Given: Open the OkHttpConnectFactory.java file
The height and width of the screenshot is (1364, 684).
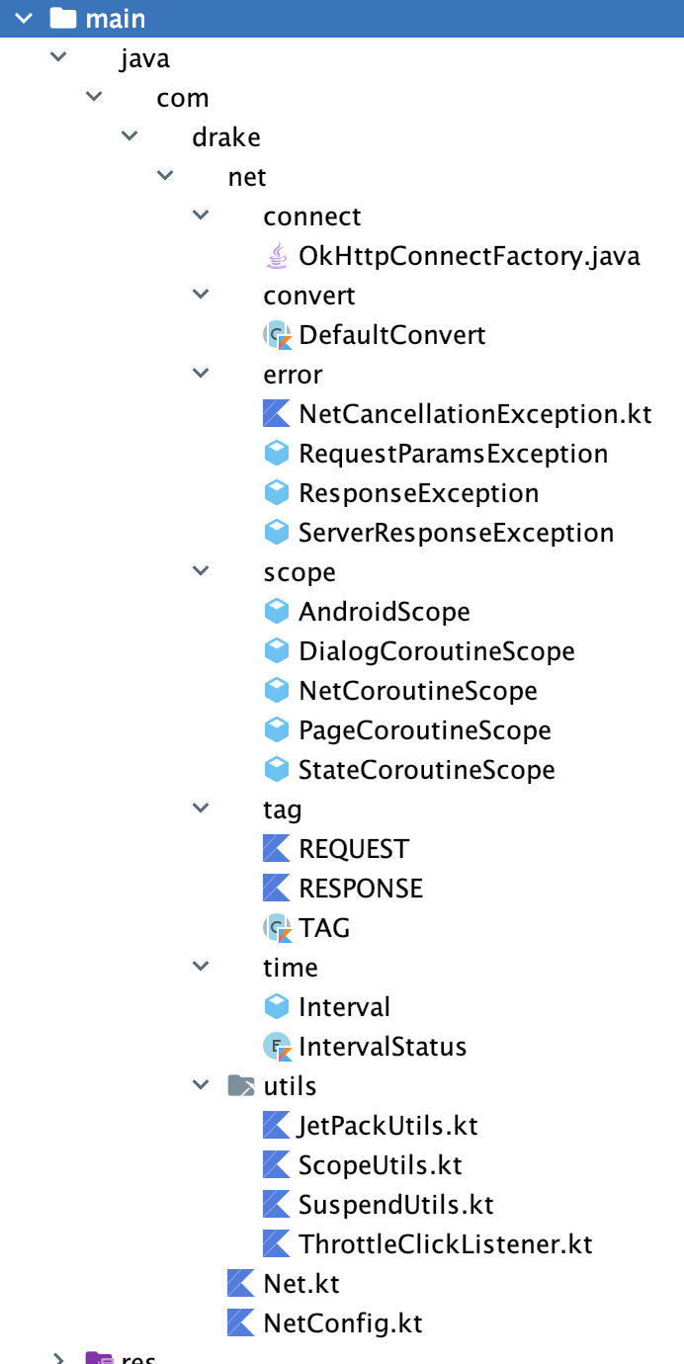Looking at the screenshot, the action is click(x=469, y=256).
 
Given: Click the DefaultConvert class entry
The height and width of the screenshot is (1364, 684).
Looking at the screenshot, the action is click(x=391, y=335).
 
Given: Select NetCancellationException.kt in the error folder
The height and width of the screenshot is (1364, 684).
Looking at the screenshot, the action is click(x=474, y=414).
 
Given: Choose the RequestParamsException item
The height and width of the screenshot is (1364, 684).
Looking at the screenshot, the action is click(x=453, y=454).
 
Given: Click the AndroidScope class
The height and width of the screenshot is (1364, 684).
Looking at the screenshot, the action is click(x=384, y=612).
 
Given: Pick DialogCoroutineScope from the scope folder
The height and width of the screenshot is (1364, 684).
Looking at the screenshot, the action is click(x=436, y=651).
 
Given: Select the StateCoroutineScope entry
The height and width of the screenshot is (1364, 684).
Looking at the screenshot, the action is click(x=426, y=770).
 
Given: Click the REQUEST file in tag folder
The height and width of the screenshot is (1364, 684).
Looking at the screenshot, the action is click(x=353, y=849).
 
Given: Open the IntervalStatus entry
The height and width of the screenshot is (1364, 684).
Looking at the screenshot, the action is click(x=382, y=1047).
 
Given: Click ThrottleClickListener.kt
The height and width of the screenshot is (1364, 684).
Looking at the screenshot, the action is click(x=445, y=1244).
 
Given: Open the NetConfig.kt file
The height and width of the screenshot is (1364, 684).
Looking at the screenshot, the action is click(x=342, y=1323).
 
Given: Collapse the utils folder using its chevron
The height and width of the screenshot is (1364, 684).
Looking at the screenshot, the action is click(x=202, y=1085).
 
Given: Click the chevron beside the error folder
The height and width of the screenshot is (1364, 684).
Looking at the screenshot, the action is click(x=202, y=374).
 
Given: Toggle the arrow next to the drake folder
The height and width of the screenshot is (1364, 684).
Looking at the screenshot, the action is click(x=129, y=136).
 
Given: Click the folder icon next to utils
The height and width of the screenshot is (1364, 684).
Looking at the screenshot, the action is click(x=240, y=1086).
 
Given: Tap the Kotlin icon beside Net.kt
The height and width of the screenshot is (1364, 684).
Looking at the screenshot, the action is click(x=240, y=1284).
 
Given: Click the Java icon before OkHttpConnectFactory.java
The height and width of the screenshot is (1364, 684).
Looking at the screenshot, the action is click(x=276, y=256).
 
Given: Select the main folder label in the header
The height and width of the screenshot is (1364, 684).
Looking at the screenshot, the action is click(x=116, y=18).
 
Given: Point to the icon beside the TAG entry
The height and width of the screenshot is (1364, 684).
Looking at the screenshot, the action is click(x=276, y=928).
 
